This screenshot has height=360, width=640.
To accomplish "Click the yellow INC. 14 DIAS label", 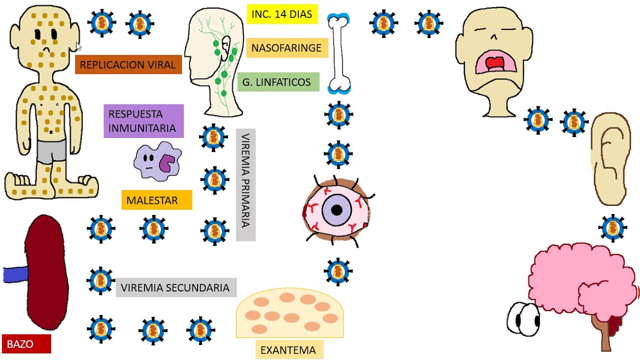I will click(282, 14).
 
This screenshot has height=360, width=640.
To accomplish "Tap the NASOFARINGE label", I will click(286, 48).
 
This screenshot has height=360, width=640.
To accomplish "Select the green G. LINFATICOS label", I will click(277, 82).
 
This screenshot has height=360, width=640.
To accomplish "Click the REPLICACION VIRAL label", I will click(128, 65).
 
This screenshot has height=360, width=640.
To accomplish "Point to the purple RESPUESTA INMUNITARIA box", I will click(143, 121).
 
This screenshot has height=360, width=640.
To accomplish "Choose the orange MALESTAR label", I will click(156, 200).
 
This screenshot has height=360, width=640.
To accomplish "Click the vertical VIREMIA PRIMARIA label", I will click(245, 184).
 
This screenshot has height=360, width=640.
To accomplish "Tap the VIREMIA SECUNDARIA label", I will click(175, 288).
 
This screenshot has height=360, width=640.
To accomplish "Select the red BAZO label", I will click(26, 344).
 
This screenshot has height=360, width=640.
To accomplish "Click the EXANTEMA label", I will click(288, 350).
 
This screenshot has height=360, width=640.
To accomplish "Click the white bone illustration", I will click(338, 53).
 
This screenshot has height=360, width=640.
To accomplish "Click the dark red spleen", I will click(46, 272).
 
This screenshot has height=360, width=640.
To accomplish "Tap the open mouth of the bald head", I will click(493, 63).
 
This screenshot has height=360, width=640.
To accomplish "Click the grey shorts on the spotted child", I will click(51, 151).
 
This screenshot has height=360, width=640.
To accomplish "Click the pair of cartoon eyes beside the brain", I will click(523, 319).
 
